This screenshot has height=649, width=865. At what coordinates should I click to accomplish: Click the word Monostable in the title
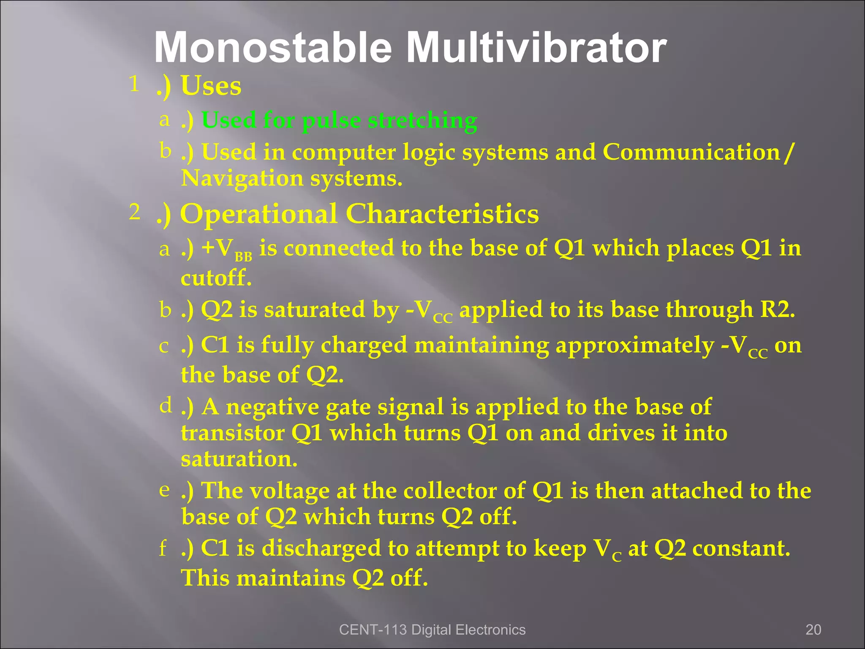click(x=273, y=48)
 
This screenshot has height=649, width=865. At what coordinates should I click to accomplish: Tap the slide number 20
click(x=813, y=630)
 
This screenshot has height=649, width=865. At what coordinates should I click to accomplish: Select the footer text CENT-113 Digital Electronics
click(x=432, y=630)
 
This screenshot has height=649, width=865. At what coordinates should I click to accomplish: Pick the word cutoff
click(x=215, y=278)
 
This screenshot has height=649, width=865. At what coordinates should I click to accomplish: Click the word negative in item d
click(x=272, y=407)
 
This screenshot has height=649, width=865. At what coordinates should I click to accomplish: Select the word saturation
click(x=239, y=459)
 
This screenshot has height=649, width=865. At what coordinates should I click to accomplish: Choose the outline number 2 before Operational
click(x=134, y=212)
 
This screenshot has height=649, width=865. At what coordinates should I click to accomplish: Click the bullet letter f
click(x=163, y=548)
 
